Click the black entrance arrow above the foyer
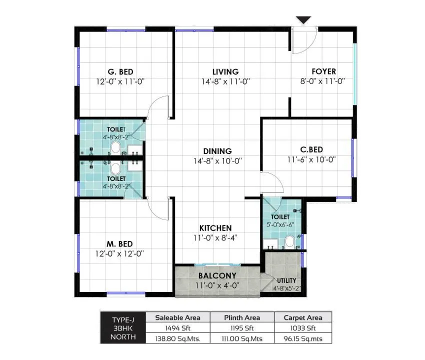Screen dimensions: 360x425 coord(303,20)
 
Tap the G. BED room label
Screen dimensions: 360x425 coord(120,71)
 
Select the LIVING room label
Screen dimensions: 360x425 coord(225,71)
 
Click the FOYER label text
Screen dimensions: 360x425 coord(324,71)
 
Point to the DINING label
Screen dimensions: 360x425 coord(217,151)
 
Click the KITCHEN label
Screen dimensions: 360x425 coord(216,228)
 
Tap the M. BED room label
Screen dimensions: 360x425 coord(119,243)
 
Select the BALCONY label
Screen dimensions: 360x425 coord(217,275)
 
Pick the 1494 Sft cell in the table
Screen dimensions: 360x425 coord(177,328)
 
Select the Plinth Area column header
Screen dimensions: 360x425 coord(242,317)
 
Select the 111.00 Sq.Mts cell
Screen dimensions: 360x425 coord(242,338)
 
